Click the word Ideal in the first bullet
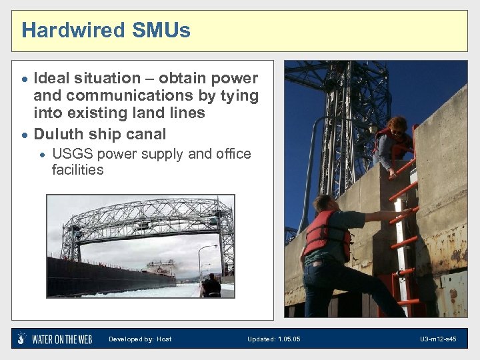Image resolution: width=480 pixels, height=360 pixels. [54, 79]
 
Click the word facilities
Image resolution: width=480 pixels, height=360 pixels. [77, 170]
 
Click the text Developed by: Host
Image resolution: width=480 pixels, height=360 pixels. [140, 339]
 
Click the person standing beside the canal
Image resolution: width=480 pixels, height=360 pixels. [212, 286]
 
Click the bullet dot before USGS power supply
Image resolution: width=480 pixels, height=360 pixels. [41, 155]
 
